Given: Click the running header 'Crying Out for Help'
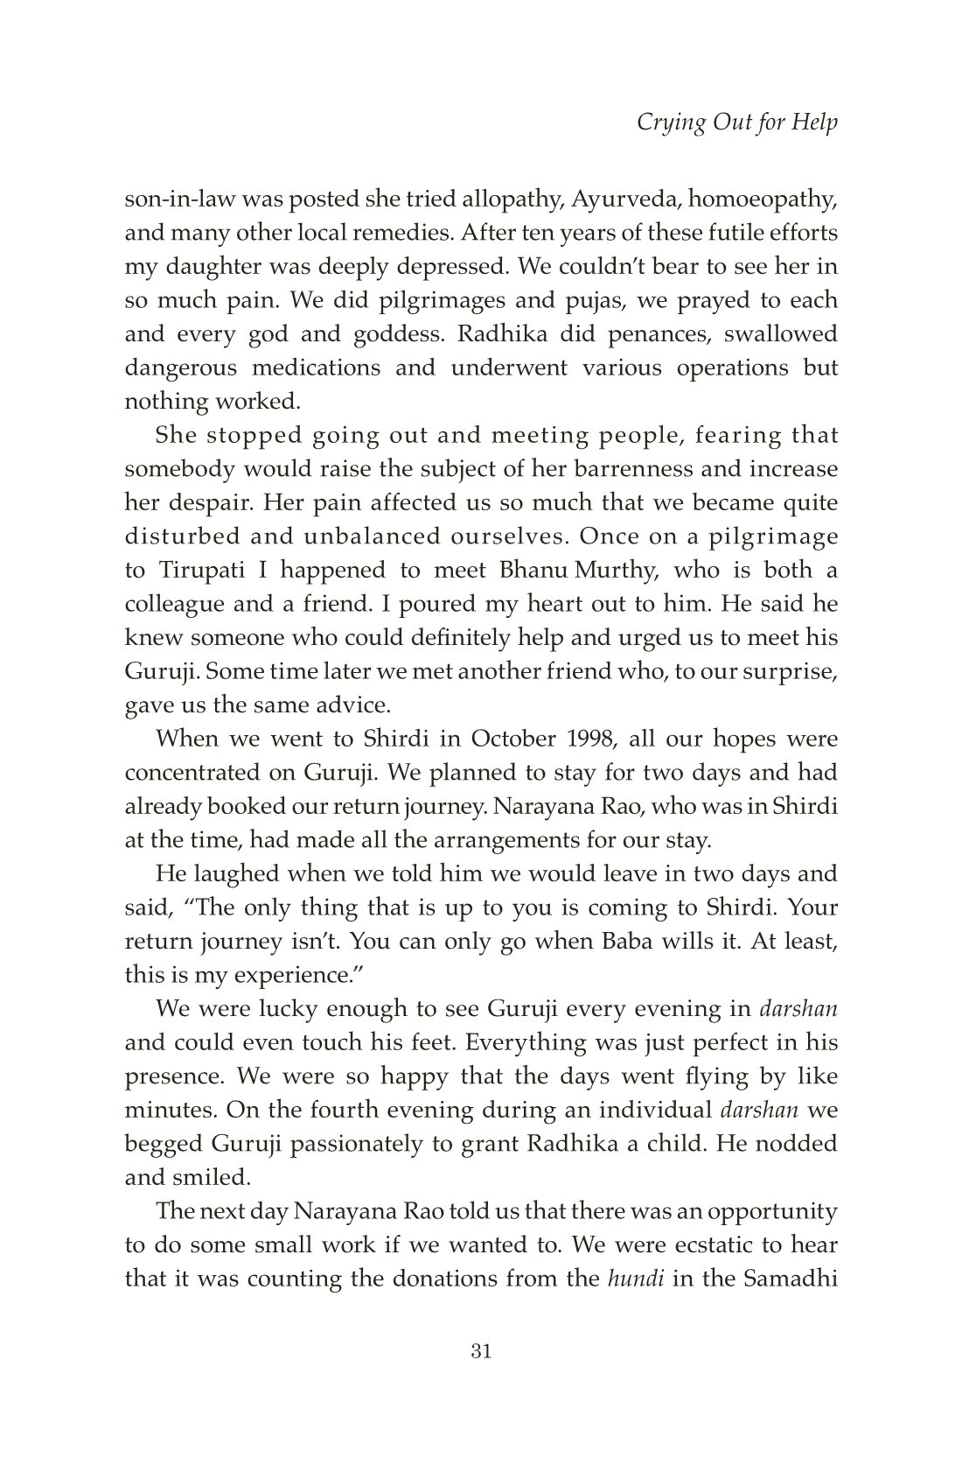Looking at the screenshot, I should coord(736,123).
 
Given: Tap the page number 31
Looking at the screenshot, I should coord(481,1351).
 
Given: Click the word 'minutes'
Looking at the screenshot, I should coord(171,1110).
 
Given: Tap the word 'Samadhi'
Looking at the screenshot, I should coord(790,1278).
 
